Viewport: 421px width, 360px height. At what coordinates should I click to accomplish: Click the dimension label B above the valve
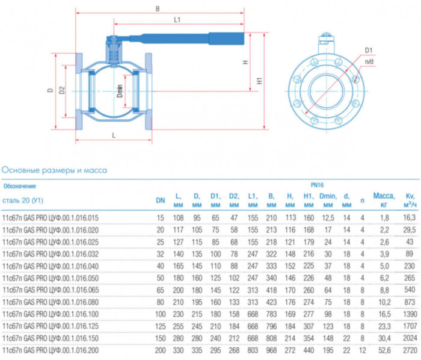click(x=158, y=10)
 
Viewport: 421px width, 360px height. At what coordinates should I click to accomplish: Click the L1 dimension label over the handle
click(x=178, y=20)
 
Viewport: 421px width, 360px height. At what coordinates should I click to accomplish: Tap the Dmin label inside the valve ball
click(x=120, y=92)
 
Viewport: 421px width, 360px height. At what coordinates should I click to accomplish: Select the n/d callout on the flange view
click(x=367, y=61)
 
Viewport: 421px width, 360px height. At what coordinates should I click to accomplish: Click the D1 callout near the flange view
click(x=369, y=50)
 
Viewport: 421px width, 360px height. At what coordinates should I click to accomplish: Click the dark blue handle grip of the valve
click(x=226, y=37)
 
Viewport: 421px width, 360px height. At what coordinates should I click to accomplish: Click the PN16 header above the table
click(x=317, y=186)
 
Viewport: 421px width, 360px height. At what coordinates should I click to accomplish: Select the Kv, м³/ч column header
click(x=410, y=199)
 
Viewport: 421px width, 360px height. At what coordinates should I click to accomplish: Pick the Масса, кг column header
click(x=384, y=199)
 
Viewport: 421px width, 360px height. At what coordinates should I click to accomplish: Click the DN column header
click(x=160, y=200)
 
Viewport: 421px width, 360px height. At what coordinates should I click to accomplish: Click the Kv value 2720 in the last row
click(x=410, y=349)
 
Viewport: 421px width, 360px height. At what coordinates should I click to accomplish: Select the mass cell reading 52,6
click(x=384, y=349)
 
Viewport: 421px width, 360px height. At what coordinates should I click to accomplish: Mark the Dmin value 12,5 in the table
click(x=327, y=217)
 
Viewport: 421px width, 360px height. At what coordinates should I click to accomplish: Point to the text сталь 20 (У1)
click(x=23, y=200)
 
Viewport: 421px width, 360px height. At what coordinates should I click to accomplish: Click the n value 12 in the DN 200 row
click(x=362, y=349)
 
